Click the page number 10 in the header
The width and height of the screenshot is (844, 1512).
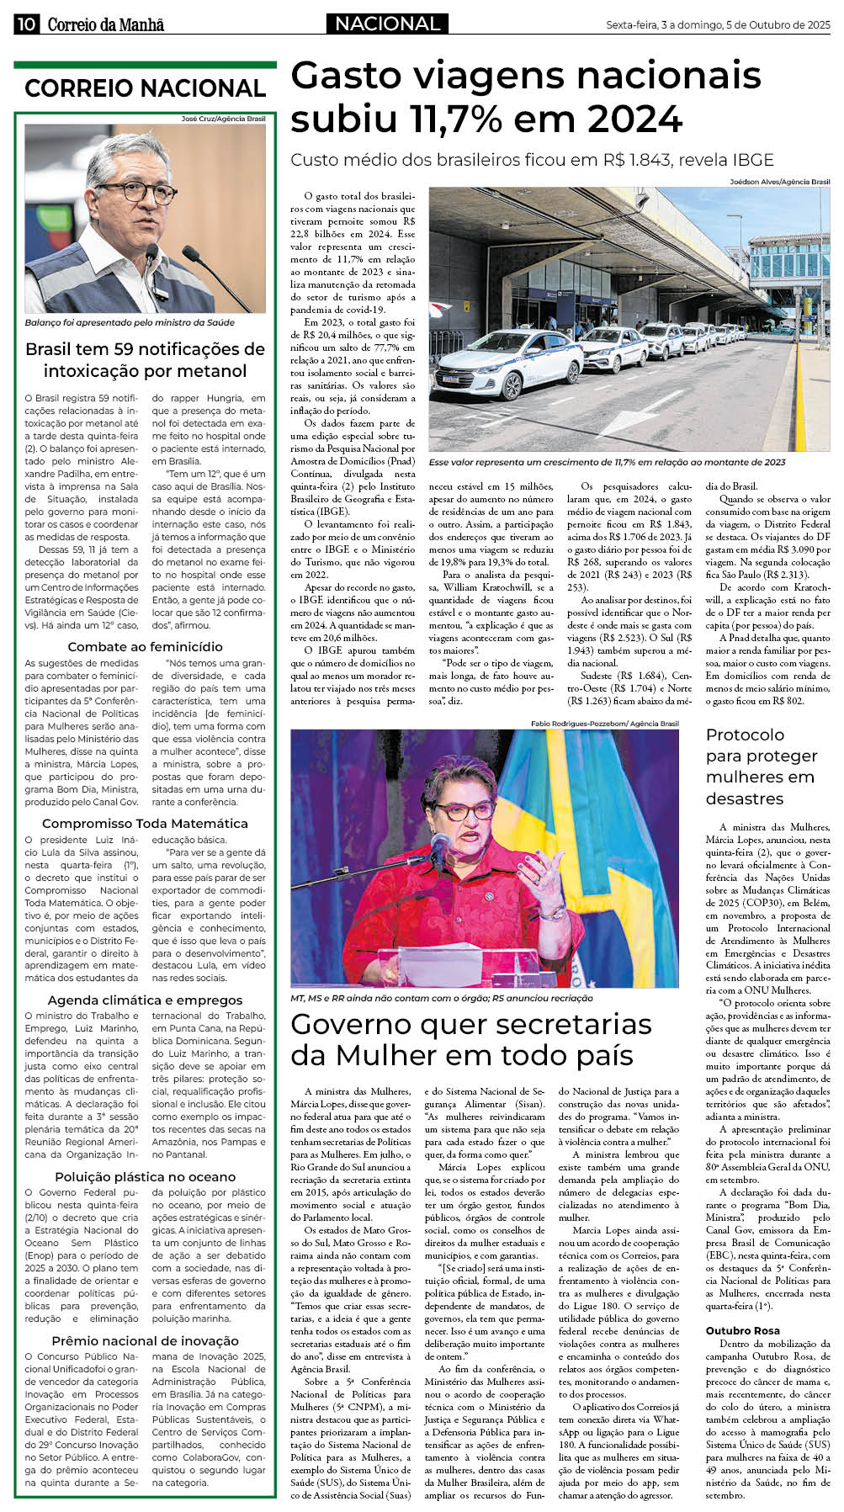pyautogui.click(x=25, y=24)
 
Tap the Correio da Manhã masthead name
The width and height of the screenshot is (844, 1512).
pyautogui.click(x=105, y=25)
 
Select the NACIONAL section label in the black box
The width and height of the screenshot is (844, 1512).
pyautogui.click(x=387, y=24)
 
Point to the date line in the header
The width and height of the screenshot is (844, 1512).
pyautogui.click(x=718, y=25)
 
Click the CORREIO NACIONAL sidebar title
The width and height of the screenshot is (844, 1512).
pyautogui.click(x=145, y=88)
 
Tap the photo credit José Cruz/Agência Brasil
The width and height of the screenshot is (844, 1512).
pyautogui.click(x=223, y=119)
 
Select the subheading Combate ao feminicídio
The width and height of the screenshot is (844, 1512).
pyautogui.click(x=145, y=647)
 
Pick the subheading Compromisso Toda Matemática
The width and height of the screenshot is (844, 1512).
pyautogui.click(x=145, y=824)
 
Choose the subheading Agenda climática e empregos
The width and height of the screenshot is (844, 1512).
pyautogui.click(x=145, y=1000)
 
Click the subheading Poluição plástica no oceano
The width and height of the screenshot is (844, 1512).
pyautogui.click(x=145, y=1177)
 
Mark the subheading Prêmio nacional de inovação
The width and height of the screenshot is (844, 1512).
pyautogui.click(x=145, y=1341)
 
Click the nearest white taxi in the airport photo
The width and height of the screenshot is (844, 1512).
pyautogui.click(x=505, y=364)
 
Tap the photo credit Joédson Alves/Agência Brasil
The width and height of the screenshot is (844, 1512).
pyautogui.click(x=779, y=182)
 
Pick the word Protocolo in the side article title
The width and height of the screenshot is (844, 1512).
pyautogui.click(x=745, y=735)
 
